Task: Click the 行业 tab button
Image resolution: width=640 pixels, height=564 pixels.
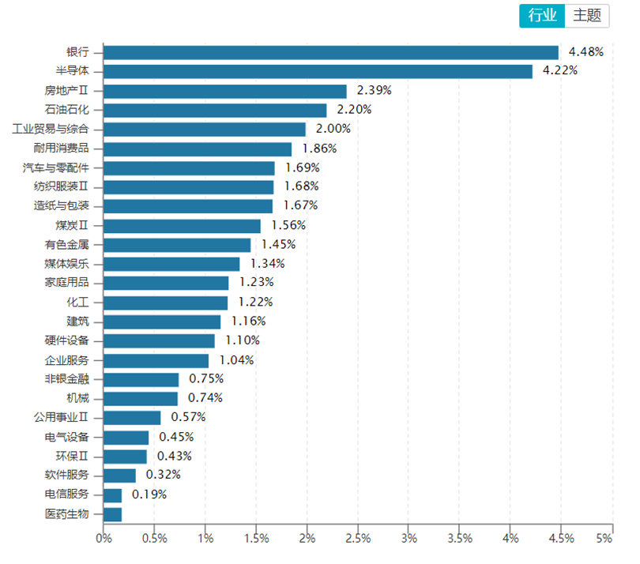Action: [542, 15]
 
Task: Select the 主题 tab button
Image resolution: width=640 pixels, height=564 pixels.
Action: [587, 15]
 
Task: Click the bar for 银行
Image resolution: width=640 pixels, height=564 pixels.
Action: [331, 52]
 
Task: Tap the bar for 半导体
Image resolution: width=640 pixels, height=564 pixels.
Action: [318, 71]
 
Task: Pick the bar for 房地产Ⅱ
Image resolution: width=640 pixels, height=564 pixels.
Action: [225, 91]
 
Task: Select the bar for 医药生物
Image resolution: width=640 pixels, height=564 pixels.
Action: [113, 514]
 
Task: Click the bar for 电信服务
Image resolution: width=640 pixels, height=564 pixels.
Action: [113, 495]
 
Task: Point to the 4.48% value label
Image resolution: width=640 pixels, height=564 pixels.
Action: [585, 52]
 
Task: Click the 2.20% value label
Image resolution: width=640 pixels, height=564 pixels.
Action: [353, 110]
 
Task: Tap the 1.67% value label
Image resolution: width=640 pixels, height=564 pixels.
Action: [299, 206]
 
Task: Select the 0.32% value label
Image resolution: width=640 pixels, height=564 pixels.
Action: [163, 476]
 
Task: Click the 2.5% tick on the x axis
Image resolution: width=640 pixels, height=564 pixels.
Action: [358, 539]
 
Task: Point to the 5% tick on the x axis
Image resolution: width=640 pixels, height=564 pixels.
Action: [604, 539]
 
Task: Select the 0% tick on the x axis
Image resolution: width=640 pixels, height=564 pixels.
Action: [104, 539]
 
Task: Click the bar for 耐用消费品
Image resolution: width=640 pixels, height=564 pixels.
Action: [198, 149]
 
